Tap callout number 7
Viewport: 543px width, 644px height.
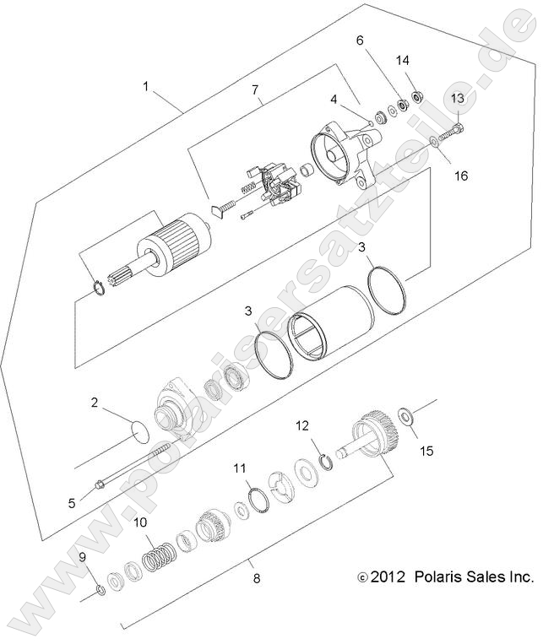pyautogui.click(x=257, y=88)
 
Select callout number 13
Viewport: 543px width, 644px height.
pyautogui.click(x=457, y=99)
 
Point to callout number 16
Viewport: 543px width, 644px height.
pyautogui.click(x=460, y=176)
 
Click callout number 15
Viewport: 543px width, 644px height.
pyautogui.click(x=426, y=451)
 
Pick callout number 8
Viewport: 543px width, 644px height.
pyautogui.click(x=257, y=579)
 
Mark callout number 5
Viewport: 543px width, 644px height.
pyautogui.click(x=72, y=502)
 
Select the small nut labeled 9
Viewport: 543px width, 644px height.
pyautogui.click(x=100, y=588)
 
